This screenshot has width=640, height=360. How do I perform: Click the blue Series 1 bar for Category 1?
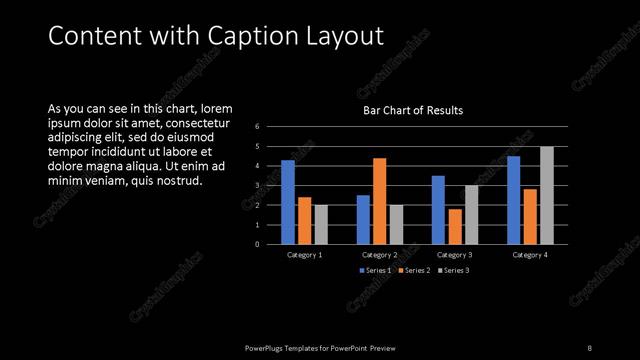point(288,202)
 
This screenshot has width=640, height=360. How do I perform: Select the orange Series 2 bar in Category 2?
point(379,201)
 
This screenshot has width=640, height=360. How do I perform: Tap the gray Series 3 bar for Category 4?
point(546,195)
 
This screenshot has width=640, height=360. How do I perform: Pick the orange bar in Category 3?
point(455,226)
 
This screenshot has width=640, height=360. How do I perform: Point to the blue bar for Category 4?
point(513,200)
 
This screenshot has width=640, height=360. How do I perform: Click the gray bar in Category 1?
point(320,224)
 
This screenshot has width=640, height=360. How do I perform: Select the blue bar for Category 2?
point(363,219)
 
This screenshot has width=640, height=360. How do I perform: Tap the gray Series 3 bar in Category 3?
point(471,214)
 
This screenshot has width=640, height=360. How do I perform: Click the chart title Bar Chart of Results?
point(413,110)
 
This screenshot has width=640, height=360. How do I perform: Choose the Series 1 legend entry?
point(375,271)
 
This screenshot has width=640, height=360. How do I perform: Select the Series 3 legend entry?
point(453,271)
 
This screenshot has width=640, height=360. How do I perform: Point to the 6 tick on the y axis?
point(257,127)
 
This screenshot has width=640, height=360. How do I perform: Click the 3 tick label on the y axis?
point(257,186)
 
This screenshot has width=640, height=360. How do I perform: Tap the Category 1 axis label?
point(304,255)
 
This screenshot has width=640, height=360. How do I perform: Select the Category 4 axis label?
point(530,255)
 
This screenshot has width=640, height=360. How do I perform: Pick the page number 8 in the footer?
point(589,347)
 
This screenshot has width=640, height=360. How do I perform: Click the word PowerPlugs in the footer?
point(266,347)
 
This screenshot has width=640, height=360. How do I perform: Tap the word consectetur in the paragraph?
point(194,123)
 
